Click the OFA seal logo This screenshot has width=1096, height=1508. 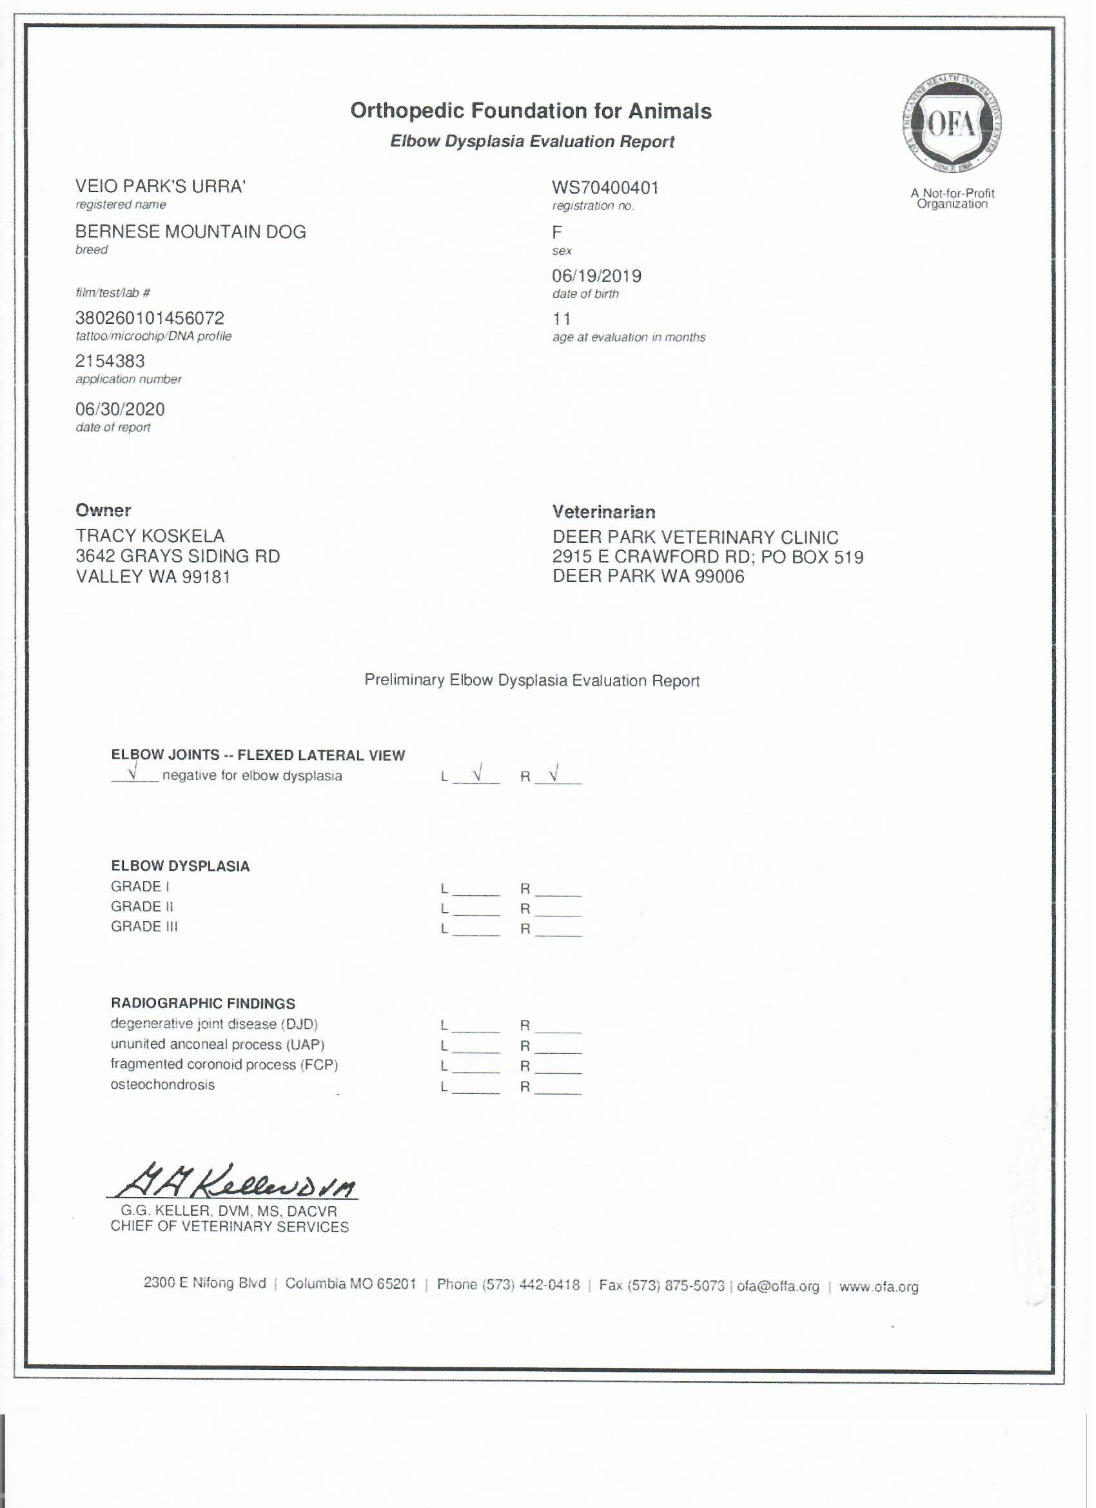(x=952, y=125)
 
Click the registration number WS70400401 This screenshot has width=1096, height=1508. (x=605, y=188)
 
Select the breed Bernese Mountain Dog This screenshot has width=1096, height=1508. (x=191, y=232)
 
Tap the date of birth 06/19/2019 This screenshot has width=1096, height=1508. (x=596, y=276)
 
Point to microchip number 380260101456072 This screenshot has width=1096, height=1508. (x=150, y=319)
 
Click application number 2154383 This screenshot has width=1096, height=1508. (x=110, y=361)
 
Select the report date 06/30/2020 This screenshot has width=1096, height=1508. (x=121, y=409)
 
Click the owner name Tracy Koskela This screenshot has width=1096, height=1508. (x=150, y=536)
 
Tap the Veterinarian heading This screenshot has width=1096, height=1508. (x=603, y=512)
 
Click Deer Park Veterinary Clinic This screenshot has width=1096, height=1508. (x=695, y=537)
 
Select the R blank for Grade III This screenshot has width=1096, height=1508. (x=558, y=929)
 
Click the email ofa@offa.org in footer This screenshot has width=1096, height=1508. (x=778, y=1286)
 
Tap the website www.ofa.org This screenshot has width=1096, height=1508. (x=879, y=1286)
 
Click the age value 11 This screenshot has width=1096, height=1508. (x=561, y=319)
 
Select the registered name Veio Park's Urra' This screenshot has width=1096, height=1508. (x=160, y=187)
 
